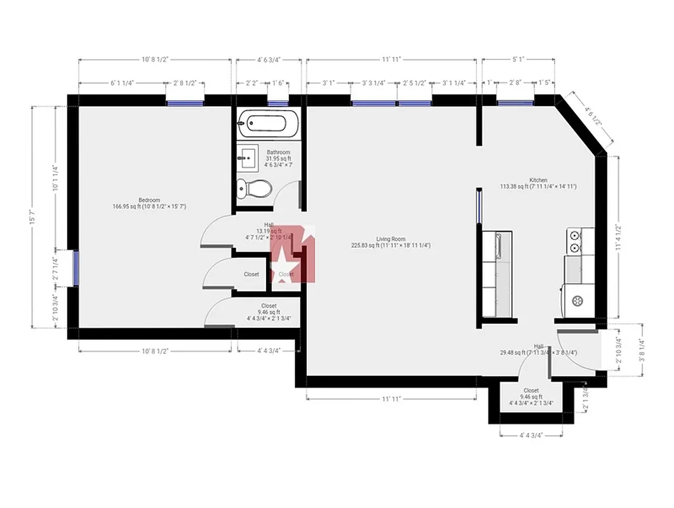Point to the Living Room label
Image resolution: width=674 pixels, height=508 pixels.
tap(390, 239)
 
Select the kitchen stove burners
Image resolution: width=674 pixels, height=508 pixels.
tap(575, 241)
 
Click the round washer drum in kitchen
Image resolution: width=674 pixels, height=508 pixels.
tap(578, 301)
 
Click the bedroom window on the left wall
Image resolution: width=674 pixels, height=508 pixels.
tap(76, 268)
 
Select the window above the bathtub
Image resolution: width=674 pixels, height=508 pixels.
tap(278, 102)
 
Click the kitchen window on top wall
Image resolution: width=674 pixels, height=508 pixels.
tap(515, 102)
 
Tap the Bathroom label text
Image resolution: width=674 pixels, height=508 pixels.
tap(278, 152)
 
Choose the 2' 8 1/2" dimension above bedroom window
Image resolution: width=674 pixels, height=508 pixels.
tap(185, 83)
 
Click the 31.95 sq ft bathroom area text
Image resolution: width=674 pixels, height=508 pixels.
tap(278, 159)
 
